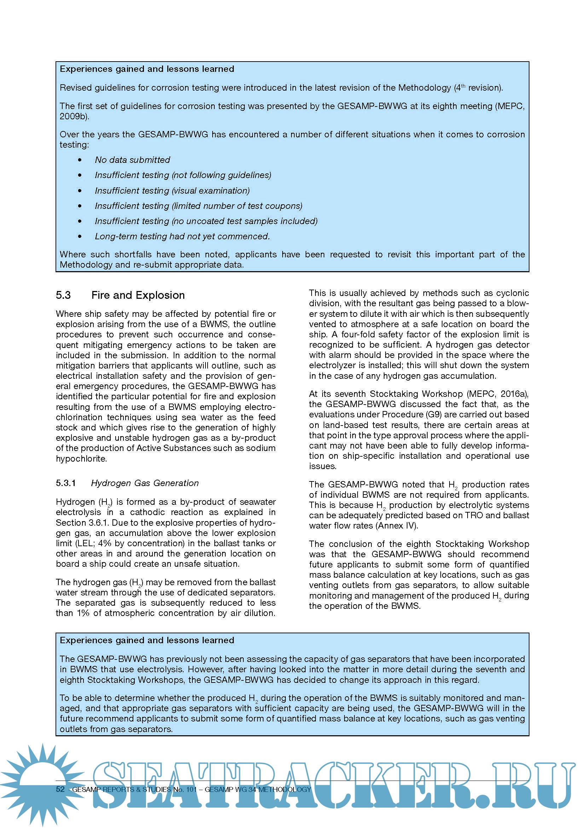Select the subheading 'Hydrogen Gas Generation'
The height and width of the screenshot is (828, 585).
point(145,483)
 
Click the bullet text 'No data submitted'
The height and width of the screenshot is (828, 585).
point(132,160)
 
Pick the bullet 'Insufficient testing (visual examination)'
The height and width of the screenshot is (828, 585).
point(172,190)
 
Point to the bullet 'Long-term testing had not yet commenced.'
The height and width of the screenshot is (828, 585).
point(182,236)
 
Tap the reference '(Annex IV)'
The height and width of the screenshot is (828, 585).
point(396,526)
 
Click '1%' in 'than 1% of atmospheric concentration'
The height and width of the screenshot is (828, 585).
point(83,613)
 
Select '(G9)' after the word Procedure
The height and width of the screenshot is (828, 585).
point(436,415)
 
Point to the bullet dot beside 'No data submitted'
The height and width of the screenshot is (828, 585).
point(80,160)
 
